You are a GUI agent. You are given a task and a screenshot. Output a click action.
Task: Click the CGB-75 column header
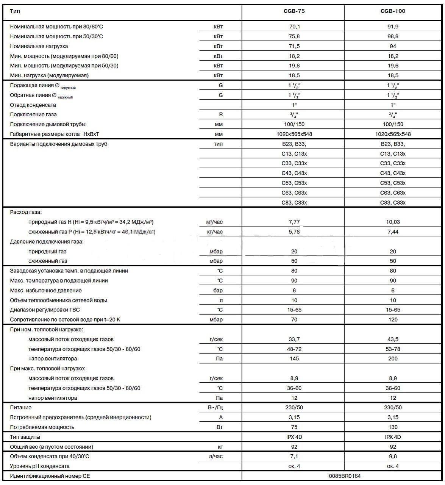tap(294, 11)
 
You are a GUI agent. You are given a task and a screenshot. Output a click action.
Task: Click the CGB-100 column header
tap(393, 11)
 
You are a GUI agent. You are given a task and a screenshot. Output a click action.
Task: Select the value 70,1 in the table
tap(294, 27)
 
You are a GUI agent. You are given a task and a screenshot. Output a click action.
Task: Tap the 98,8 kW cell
tap(393, 36)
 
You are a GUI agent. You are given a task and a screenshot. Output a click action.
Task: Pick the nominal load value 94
tap(393, 46)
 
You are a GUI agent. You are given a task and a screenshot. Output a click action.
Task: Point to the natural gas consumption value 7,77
tap(294, 222)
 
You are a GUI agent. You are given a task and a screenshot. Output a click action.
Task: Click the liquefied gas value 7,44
tap(393, 232)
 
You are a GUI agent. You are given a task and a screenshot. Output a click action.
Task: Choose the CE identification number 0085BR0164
tap(345, 476)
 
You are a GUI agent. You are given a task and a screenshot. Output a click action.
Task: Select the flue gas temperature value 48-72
tap(294, 349)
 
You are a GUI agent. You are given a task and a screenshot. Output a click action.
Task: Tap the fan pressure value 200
tap(393, 358)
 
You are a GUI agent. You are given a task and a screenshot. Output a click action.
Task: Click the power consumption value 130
tap(393, 427)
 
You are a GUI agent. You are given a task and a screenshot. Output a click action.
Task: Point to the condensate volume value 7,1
tap(294, 456)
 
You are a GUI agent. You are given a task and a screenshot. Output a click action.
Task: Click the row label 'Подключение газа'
tap(33, 114)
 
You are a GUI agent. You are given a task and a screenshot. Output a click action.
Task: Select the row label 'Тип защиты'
tap(25, 437)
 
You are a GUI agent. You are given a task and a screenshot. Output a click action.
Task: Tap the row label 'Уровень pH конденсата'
tap(40, 466)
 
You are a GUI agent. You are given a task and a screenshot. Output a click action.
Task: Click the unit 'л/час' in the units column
tap(216, 456)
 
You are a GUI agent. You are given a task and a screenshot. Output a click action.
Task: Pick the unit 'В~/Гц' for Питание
tap(216, 408)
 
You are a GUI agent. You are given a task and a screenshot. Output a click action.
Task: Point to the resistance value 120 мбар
tap(393, 319)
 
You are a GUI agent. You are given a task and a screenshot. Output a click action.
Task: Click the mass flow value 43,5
tap(393, 339)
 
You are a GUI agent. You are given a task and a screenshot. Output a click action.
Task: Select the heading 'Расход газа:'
tap(26, 212)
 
